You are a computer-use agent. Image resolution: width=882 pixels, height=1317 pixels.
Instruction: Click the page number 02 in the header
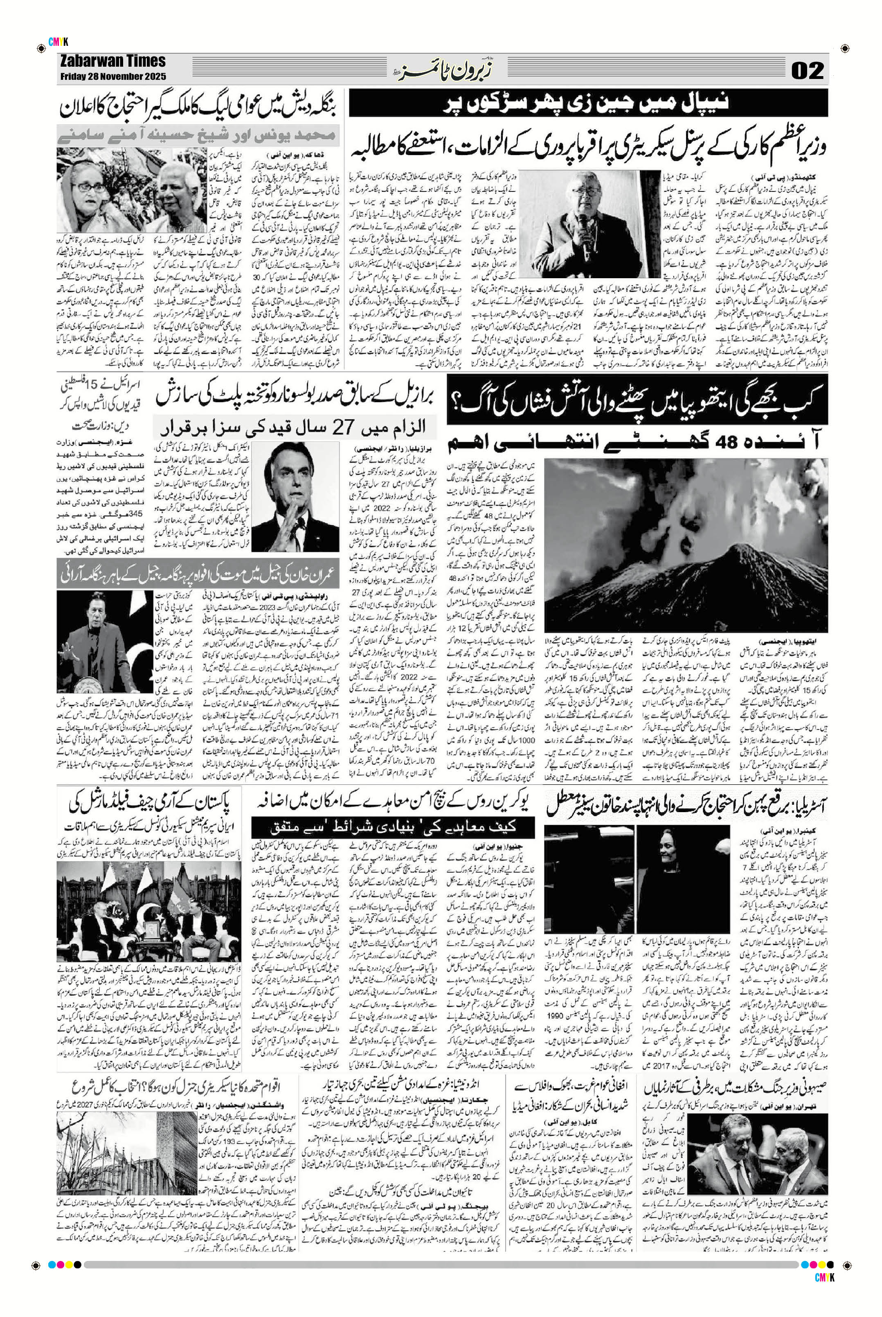(x=808, y=71)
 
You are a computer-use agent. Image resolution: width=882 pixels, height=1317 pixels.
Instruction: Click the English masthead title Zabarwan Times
(x=112, y=61)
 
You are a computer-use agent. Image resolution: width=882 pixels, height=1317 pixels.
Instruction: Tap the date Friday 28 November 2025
(x=112, y=77)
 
